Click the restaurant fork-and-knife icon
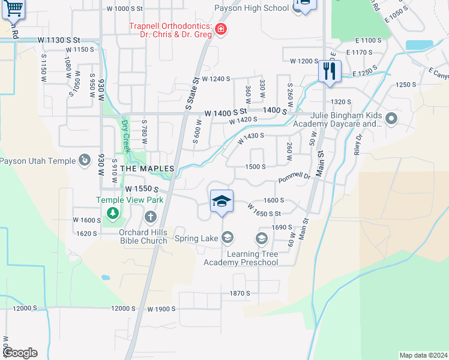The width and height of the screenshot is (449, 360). [330, 71]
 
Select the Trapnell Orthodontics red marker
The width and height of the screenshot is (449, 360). [221, 29]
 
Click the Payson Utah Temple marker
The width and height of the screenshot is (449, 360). [85, 161]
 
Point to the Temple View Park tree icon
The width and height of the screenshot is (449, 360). [112, 212]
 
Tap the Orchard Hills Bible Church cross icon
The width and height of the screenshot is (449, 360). [150, 216]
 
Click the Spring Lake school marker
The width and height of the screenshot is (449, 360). [227, 239]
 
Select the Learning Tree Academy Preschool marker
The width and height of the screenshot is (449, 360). [261, 239]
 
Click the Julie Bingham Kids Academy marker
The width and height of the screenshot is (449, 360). [391, 118]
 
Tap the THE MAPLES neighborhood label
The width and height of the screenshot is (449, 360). [147, 169]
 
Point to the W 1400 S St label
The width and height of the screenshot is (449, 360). [226, 112]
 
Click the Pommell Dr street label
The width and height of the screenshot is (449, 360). [294, 178]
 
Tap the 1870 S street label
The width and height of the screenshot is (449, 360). [239, 293]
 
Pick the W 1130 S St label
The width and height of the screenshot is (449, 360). [59, 40]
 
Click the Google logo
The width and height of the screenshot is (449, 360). [19, 353]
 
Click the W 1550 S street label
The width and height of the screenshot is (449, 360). [141, 188]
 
